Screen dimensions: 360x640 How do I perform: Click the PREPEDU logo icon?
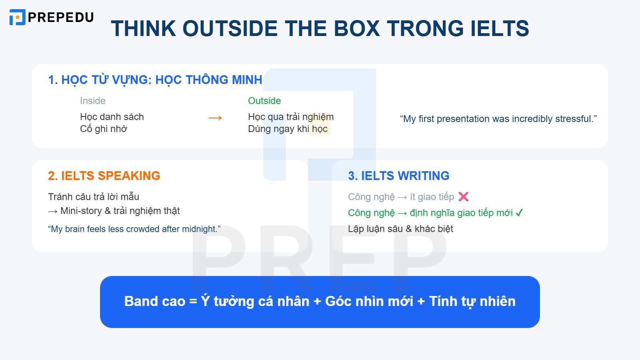(17, 17)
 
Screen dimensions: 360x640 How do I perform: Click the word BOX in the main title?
(356, 28)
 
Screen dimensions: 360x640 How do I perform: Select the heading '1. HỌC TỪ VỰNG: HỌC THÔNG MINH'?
(155, 80)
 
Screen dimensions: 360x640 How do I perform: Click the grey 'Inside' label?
(92, 101)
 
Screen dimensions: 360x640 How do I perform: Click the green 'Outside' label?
(264, 101)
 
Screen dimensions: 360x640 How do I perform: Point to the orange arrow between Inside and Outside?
(215, 118)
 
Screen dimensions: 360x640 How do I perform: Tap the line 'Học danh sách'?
(112, 117)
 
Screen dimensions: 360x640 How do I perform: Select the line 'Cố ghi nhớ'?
(103, 129)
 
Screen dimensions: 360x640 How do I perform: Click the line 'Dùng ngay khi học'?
(288, 129)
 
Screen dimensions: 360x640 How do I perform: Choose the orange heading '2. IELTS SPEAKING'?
(104, 176)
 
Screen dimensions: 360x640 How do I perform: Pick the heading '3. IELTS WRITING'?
(398, 176)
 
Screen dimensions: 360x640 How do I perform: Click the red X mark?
(463, 197)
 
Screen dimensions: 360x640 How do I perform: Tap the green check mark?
(519, 213)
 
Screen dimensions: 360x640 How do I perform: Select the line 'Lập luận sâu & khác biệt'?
(400, 229)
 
